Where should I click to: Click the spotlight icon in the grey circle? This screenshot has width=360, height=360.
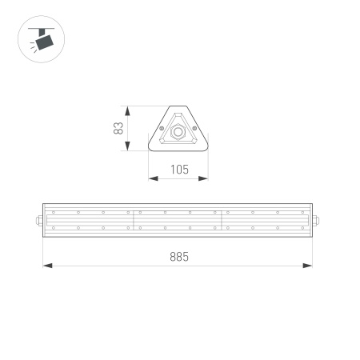pyautogui.click(x=40, y=40)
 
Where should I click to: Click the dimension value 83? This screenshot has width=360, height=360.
pyautogui.click(x=118, y=128)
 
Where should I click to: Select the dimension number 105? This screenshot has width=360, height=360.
pyautogui.click(x=179, y=169)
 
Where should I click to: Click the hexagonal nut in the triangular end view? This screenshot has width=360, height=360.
pyautogui.click(x=178, y=129)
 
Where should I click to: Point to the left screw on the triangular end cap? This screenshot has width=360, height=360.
pyautogui.click(x=162, y=128)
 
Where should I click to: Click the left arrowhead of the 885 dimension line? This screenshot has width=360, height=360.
pyautogui.click(x=46, y=266)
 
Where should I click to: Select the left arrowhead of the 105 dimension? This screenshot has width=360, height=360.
pyautogui.click(x=152, y=178)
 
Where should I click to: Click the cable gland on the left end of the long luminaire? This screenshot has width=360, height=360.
pyautogui.click(x=38, y=220)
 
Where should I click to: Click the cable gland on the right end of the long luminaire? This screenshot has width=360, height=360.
pyautogui.click(x=317, y=220)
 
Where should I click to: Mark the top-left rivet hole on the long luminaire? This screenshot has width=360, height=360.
pyautogui.click(x=54, y=212)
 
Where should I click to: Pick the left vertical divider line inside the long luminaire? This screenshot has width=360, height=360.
pyautogui.click(x=132, y=220)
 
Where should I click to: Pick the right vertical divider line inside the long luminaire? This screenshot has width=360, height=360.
pyautogui.click(x=222, y=220)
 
